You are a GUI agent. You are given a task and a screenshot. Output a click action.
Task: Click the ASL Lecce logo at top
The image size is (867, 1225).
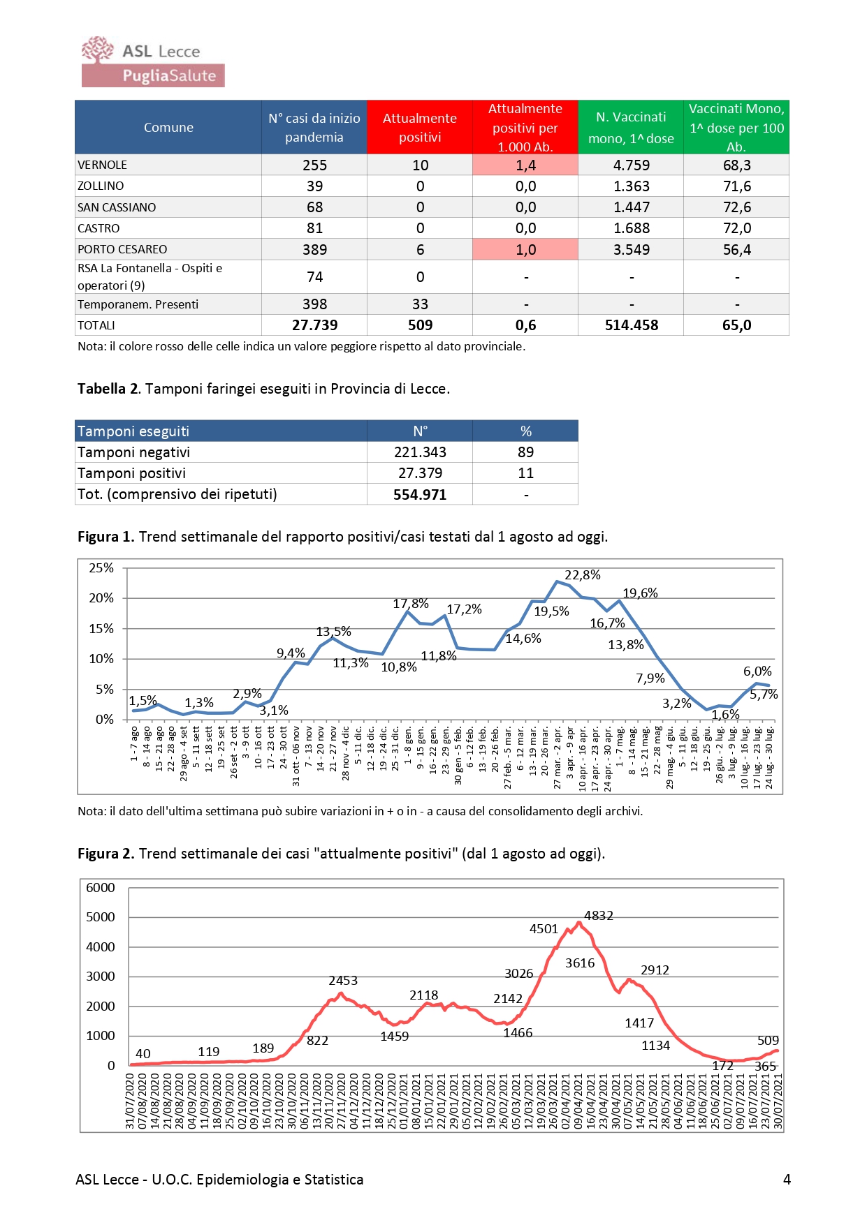point(152,61)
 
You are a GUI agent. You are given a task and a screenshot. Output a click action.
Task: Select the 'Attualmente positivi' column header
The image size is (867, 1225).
point(419,128)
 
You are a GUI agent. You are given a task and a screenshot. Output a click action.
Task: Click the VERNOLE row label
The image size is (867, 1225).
point(103,165)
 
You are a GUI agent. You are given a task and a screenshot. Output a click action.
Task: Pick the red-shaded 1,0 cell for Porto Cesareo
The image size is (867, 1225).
point(525,250)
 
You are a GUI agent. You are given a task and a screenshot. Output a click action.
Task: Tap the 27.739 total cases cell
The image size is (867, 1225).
point(314,325)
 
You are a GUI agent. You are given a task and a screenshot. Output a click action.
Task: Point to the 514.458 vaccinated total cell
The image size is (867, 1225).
point(631,325)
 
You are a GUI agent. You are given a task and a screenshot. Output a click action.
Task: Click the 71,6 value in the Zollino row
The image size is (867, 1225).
point(736,186)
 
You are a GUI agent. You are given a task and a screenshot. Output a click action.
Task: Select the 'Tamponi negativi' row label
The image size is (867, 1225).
point(133,452)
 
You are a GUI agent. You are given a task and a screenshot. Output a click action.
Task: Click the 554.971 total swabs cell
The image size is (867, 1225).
point(419,495)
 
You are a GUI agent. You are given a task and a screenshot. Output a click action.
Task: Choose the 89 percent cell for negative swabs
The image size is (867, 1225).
point(525,452)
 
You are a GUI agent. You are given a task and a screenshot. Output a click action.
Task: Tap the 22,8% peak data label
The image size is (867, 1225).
point(582,575)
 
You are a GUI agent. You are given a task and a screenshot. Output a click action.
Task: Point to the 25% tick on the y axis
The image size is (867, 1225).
point(101,568)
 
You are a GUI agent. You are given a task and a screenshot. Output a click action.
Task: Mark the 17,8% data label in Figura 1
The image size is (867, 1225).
point(410,604)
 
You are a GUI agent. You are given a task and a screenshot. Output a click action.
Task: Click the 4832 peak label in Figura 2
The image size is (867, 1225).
point(599,916)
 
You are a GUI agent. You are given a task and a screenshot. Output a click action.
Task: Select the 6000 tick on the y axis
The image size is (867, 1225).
point(101,888)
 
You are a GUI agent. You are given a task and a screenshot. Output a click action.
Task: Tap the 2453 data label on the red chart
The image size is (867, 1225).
point(343,981)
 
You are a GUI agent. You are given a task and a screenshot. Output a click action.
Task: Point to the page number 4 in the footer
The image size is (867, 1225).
point(787,1180)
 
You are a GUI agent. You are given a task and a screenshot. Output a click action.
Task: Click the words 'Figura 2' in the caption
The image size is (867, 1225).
point(105,854)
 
